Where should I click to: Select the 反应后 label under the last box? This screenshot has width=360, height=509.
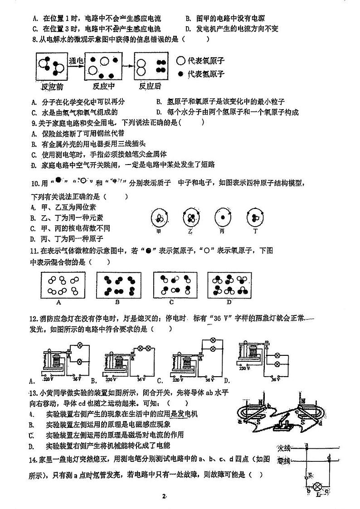coord(150,86)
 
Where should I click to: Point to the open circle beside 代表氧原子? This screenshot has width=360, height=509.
coord(180,61)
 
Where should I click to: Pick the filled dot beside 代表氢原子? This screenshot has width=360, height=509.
coord(180,74)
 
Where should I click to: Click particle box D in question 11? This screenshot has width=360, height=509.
coord(229,285)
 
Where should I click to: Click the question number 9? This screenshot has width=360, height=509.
coord(34,122)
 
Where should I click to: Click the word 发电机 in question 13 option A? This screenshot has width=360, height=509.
coord(187,414)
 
